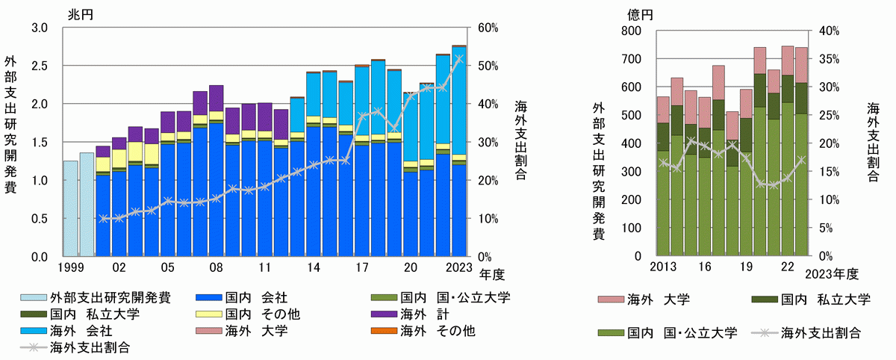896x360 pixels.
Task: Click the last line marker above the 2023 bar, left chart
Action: coord(459,58)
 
